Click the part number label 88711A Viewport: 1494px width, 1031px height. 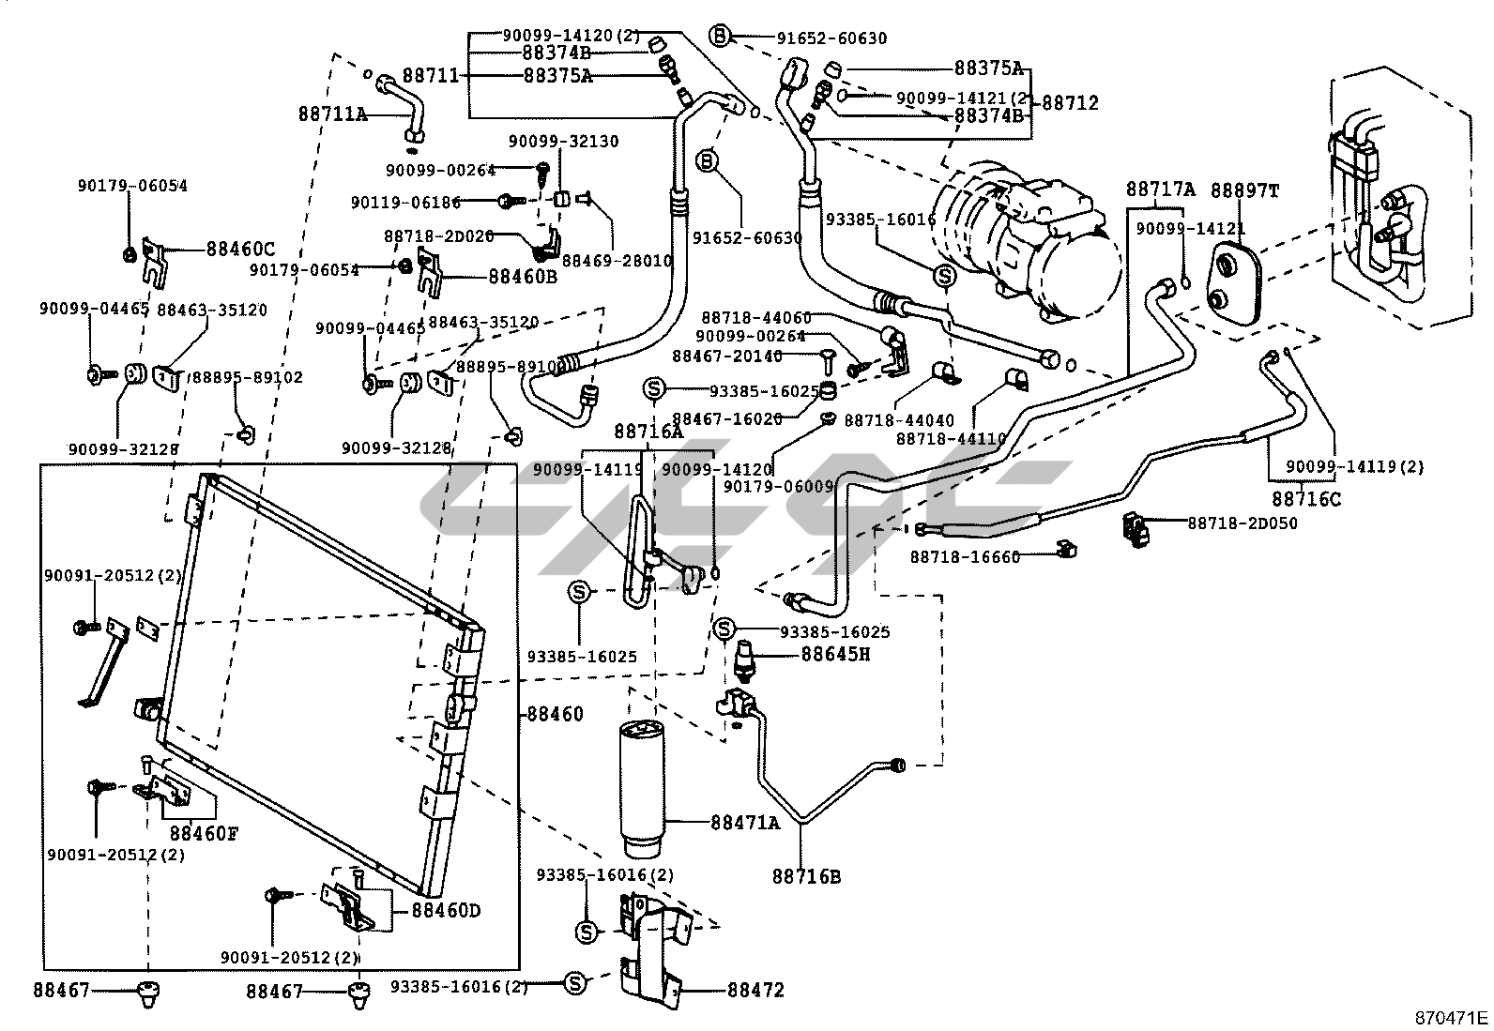coord(333,114)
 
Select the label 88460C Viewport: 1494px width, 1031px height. coord(240,250)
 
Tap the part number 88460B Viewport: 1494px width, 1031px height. coord(523,277)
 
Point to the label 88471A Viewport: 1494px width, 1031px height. coord(745,823)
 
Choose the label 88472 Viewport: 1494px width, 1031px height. coord(755,991)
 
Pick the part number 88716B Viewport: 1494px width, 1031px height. coord(806,877)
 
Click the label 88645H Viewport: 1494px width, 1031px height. coord(835,654)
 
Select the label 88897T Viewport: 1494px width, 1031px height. coord(1244,190)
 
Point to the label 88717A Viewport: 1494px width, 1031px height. coord(1160,190)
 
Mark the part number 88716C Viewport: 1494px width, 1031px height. coord(1306,498)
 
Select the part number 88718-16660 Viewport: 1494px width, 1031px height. coord(964,557)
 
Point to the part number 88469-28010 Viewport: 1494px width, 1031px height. coord(631,260)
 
